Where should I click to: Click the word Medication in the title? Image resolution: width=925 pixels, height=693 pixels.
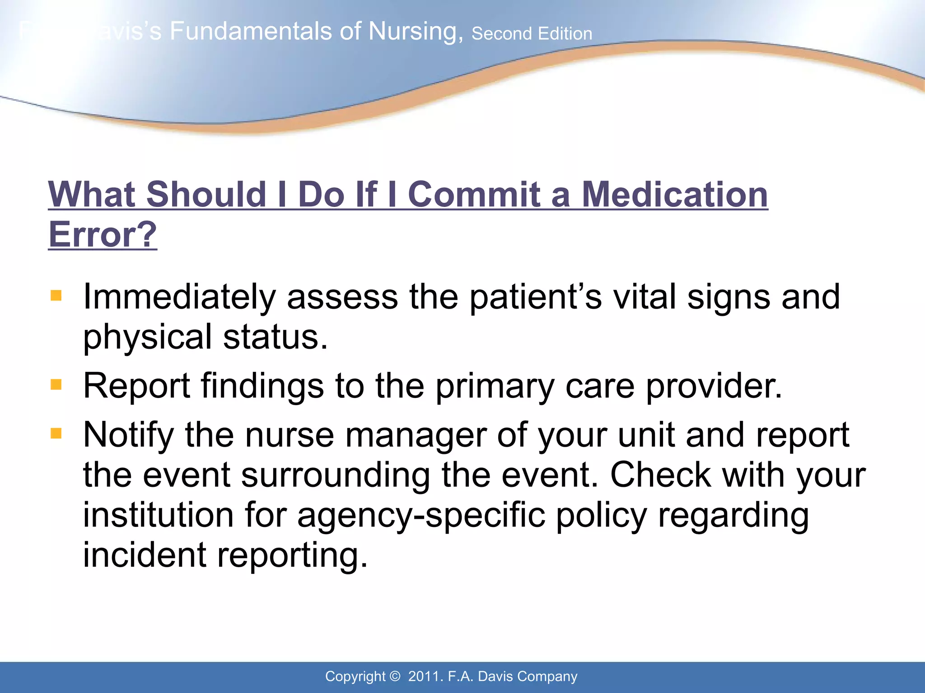click(674, 195)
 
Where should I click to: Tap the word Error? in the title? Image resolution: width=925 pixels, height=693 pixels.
click(103, 235)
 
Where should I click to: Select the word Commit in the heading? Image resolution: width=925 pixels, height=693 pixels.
click(474, 195)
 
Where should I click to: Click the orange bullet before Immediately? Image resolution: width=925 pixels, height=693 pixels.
click(56, 296)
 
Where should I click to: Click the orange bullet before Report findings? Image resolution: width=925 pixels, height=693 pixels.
click(56, 385)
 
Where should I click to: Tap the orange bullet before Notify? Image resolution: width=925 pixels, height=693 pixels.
click(56, 434)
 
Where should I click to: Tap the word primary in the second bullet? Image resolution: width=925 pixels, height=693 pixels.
click(495, 387)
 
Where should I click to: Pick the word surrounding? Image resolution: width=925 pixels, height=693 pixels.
click(336, 476)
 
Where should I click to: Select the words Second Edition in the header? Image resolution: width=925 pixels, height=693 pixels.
click(532, 34)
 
